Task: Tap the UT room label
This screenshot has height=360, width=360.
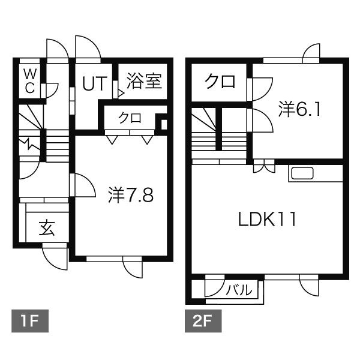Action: [92, 83]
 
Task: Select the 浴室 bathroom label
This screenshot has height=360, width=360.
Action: [144, 81]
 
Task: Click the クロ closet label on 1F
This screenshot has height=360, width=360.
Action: [130, 118]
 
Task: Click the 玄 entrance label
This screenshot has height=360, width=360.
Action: [47, 228]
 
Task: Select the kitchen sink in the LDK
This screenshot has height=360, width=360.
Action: [301, 174]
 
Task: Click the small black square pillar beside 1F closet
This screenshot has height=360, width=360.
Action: [160, 124]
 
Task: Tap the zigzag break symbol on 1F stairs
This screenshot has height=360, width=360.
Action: [29, 144]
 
